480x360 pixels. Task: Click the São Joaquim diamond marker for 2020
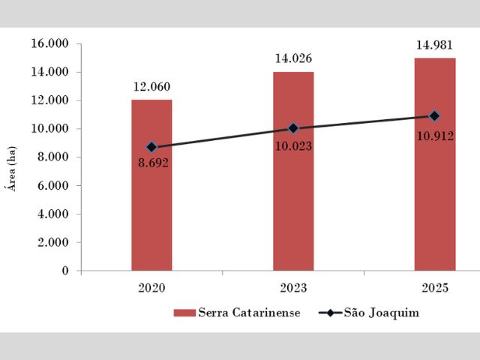click(151, 147)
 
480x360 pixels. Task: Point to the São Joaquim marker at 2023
click(293, 128)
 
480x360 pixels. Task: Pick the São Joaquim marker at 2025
click(435, 115)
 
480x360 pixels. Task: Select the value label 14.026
click(293, 58)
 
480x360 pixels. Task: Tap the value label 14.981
click(435, 45)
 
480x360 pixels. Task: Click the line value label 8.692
click(154, 163)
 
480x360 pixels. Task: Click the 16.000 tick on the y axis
click(50, 44)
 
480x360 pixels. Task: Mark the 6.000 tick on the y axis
click(53, 186)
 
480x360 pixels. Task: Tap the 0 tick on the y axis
click(66, 271)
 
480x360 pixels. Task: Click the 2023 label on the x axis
click(293, 288)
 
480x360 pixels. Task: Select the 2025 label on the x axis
click(435, 288)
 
